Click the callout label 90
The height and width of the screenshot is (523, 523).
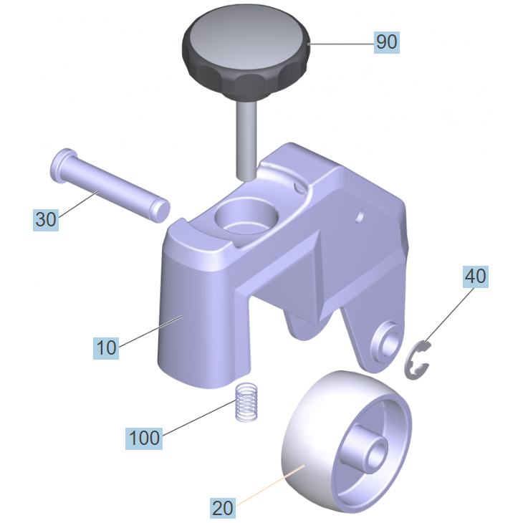tap(387, 42)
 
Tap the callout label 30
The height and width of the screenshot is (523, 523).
tap(46, 220)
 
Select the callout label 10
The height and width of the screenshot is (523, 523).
tap(106, 348)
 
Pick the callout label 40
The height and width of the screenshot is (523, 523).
tap(475, 277)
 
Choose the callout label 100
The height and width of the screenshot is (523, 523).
tap(144, 438)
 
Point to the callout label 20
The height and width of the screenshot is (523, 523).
tap(223, 509)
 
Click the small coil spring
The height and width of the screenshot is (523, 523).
tap(247, 402)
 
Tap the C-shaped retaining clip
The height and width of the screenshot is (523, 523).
tap(417, 360)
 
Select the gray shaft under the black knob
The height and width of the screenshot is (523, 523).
tap(246, 141)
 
